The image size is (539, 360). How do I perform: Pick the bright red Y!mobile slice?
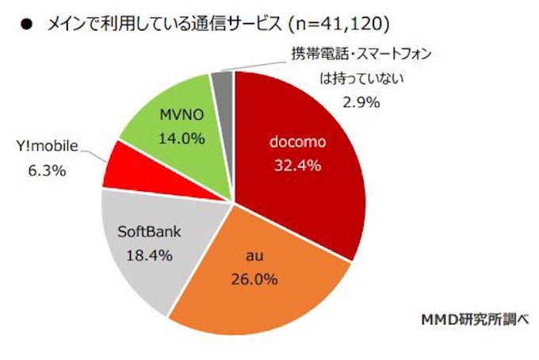coord(124,167)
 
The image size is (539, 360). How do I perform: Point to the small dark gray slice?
coord(223,82)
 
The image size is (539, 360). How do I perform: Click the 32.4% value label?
coord(293,166)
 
